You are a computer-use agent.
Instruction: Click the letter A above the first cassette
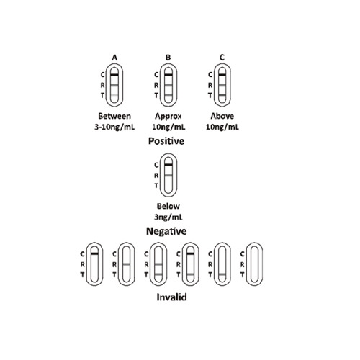coord(114,58)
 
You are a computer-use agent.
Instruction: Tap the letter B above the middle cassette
coord(168,58)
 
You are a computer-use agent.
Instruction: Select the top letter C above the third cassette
coord(222,58)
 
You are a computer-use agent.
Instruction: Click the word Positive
coord(166,141)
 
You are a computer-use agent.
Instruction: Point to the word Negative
coord(166,231)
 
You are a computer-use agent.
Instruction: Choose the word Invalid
coord(171,297)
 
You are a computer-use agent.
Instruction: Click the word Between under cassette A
coord(114,116)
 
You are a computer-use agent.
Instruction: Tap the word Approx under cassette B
coord(168,117)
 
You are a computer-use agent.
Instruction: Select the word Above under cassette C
coord(222,116)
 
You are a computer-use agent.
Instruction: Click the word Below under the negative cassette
coord(168,206)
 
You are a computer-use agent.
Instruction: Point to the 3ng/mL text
coord(168,217)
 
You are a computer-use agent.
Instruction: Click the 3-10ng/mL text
coord(114,127)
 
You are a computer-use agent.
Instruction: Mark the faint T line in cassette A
coord(114,95)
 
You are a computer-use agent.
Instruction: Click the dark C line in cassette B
coord(168,75)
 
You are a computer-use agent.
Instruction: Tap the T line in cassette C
coord(222,95)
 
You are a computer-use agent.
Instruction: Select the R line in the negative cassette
coord(168,176)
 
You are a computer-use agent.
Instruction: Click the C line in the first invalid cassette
coord(94,253)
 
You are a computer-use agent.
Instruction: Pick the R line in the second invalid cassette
coord(127,264)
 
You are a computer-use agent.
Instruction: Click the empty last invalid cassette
coord(255,264)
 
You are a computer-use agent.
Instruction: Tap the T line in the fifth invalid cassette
coord(222,274)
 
